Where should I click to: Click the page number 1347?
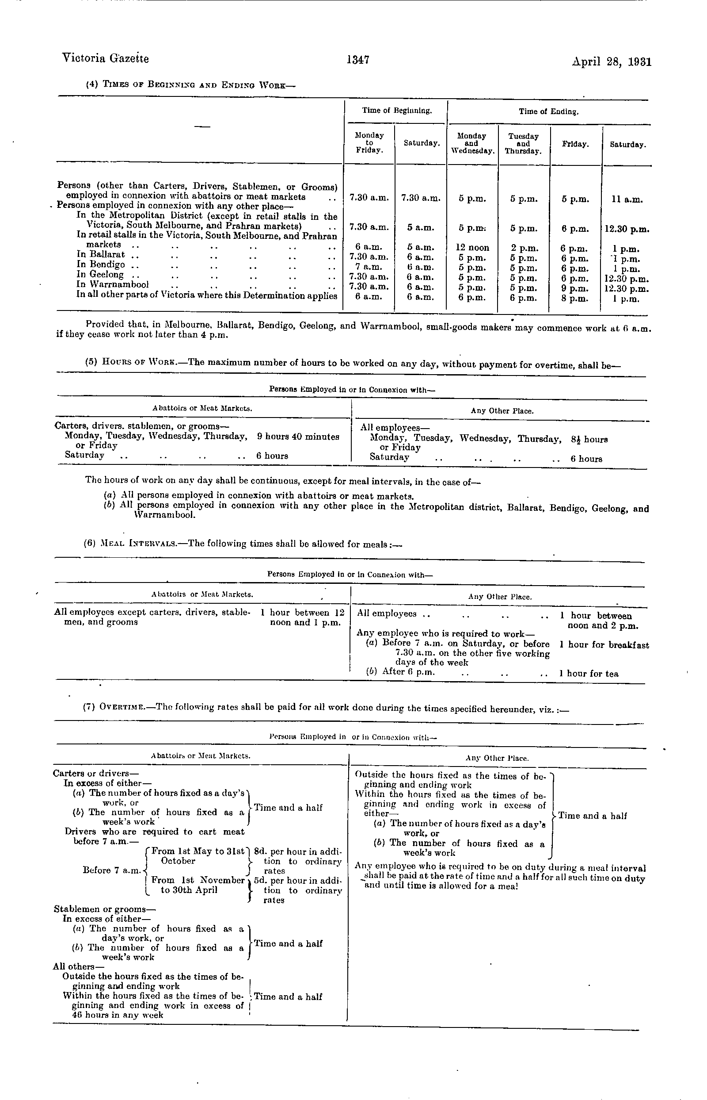[358, 60]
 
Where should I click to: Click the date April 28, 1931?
[612, 61]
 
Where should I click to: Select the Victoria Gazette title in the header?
[105, 58]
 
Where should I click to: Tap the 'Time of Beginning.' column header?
[397, 110]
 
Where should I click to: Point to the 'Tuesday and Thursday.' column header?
[523, 143]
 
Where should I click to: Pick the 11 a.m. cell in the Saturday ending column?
[627, 199]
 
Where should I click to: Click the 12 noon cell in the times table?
[472, 248]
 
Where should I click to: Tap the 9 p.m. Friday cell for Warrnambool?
[575, 288]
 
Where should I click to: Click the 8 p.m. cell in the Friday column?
[575, 299]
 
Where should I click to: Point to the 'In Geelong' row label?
[99, 275]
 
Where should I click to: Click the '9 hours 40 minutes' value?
[298, 437]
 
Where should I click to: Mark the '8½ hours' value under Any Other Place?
[589, 439]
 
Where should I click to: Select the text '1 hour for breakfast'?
[604, 645]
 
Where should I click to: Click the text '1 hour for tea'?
[589, 674]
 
